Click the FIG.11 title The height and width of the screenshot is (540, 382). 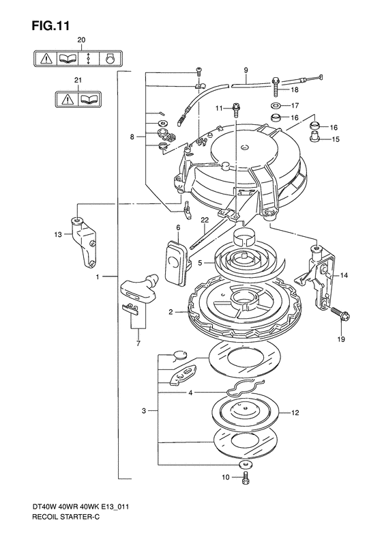tap(51, 26)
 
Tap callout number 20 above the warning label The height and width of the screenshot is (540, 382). tap(81, 40)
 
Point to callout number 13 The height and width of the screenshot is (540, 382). tap(58, 235)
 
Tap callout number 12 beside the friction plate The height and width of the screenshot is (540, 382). tap(295, 412)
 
